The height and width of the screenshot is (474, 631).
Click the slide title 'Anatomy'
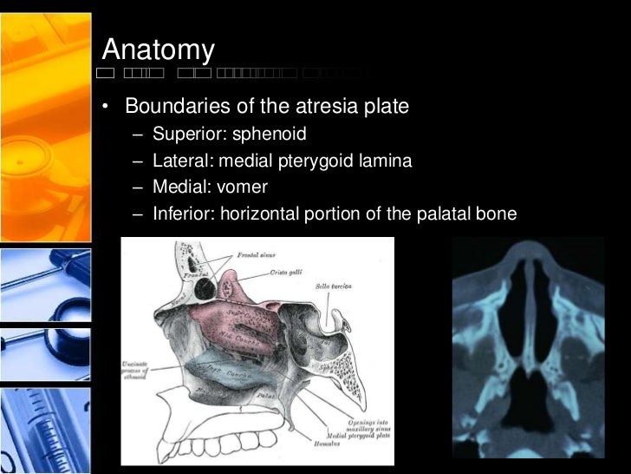[x=158, y=50]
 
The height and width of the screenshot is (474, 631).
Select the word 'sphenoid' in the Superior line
[x=270, y=135]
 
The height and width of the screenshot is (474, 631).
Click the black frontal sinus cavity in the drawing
[x=205, y=286]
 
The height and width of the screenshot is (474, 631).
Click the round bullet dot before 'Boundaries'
[x=105, y=108]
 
